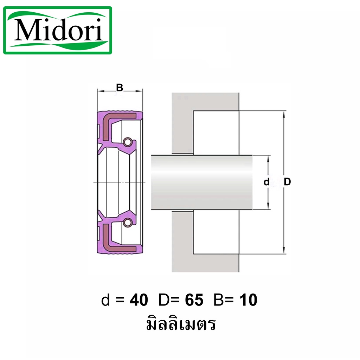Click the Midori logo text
(58, 30)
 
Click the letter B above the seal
(120, 88)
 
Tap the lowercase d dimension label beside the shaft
(266, 182)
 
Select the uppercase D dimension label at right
(287, 182)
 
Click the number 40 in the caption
(139, 300)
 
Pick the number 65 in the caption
(194, 300)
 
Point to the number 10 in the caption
(248, 300)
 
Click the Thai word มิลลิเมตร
(181, 323)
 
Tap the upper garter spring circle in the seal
(127, 142)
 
